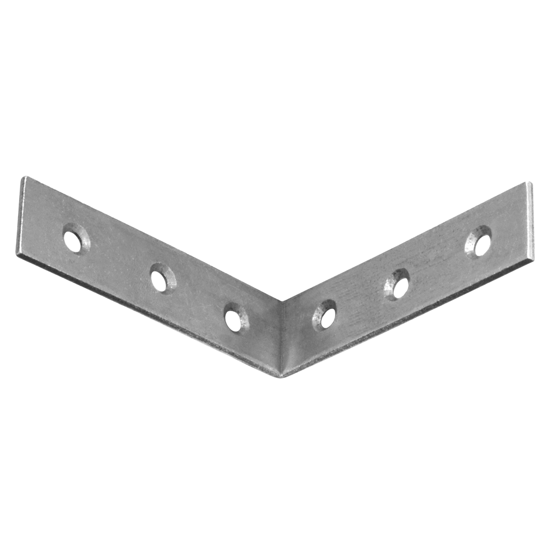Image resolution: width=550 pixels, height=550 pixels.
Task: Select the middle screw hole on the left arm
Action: (160, 279)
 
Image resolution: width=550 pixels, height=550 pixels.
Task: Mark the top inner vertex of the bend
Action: (283, 301)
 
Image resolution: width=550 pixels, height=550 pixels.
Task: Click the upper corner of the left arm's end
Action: (24, 177)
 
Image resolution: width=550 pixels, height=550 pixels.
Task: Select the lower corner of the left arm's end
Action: (16, 255)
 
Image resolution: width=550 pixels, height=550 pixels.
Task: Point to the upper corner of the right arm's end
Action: (530, 183)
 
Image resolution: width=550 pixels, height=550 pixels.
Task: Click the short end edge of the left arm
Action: (20, 216)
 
